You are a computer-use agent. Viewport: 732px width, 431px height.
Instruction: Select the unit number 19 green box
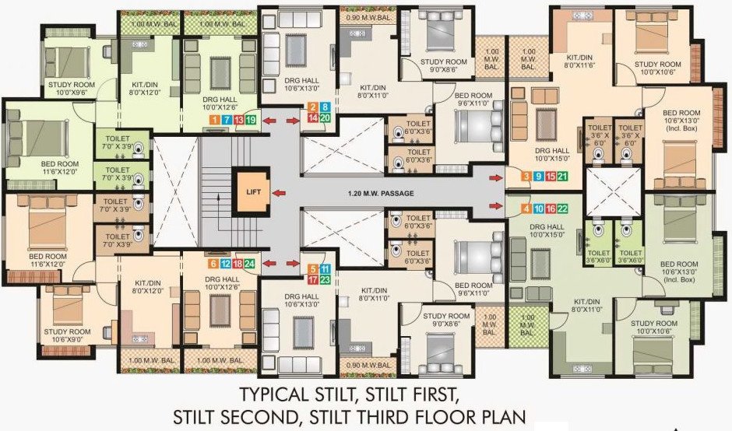coord(251,120)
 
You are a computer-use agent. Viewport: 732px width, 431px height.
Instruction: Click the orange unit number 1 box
coord(213,120)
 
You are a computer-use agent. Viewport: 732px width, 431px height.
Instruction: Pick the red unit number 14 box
coord(312,118)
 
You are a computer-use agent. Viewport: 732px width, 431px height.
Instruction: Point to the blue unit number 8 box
coord(325,107)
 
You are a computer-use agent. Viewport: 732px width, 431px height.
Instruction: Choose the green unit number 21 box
coord(561,177)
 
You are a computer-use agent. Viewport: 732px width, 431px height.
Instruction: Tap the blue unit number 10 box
coord(539,208)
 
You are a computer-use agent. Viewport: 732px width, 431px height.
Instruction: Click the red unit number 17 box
coord(312,279)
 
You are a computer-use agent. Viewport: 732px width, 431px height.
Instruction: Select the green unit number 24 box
coord(249,264)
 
